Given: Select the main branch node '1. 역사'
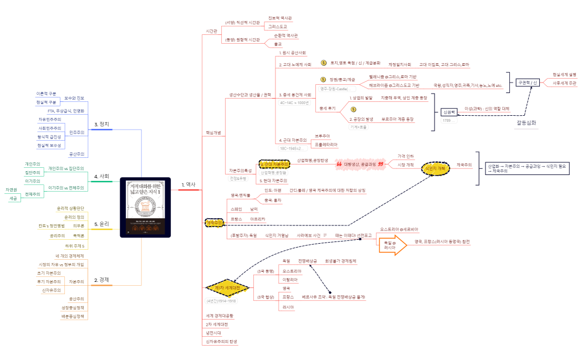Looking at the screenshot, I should tap(188, 184).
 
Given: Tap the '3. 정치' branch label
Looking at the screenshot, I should tap(101, 124).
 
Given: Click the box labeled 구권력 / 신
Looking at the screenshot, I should tap(527, 83).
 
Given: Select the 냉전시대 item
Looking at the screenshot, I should tap(213, 333).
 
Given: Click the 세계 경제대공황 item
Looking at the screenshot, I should tap(219, 315).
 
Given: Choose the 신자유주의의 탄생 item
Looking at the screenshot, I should tap(221, 342).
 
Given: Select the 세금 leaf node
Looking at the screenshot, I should tap(13, 198).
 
